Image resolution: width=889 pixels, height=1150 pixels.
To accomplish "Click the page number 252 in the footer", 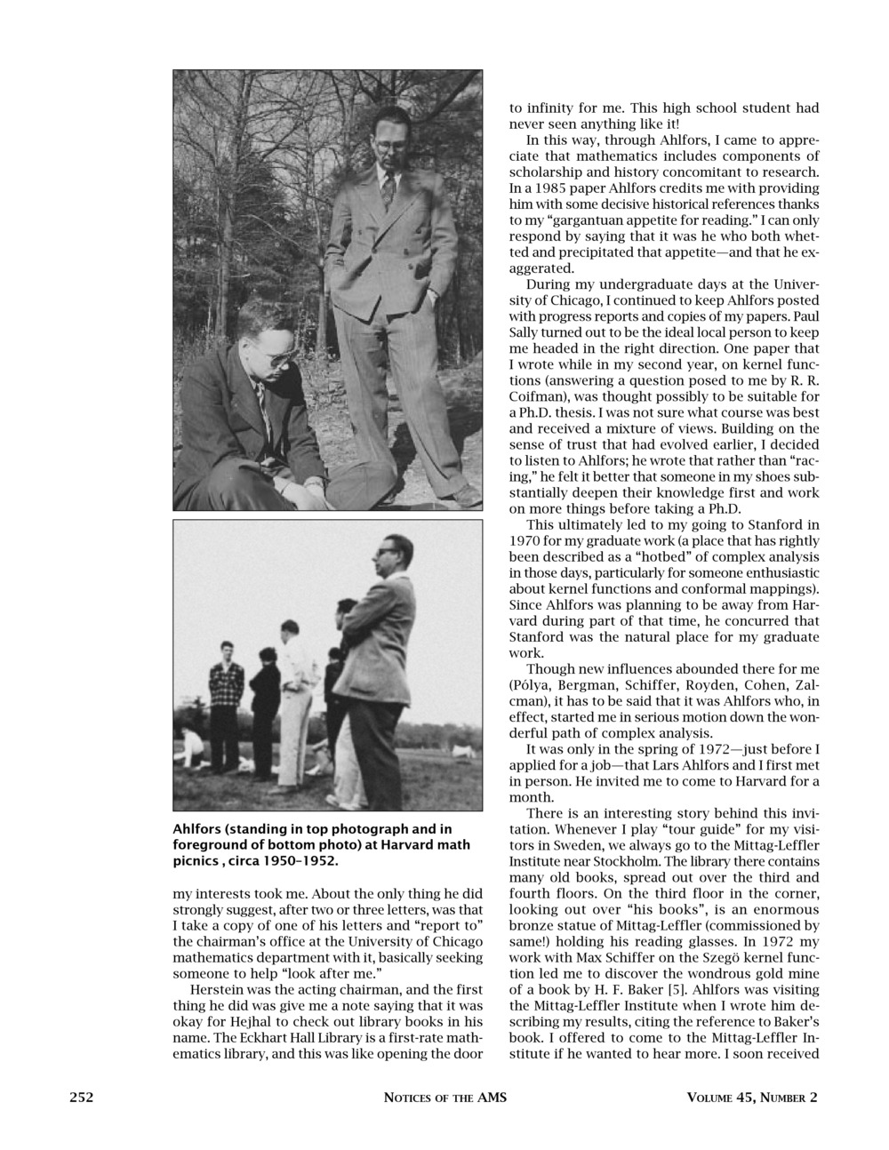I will coord(82,1097).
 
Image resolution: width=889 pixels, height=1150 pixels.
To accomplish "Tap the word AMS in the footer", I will coord(492,1097).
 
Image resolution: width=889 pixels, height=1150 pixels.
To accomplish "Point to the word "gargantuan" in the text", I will coord(597,220).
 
